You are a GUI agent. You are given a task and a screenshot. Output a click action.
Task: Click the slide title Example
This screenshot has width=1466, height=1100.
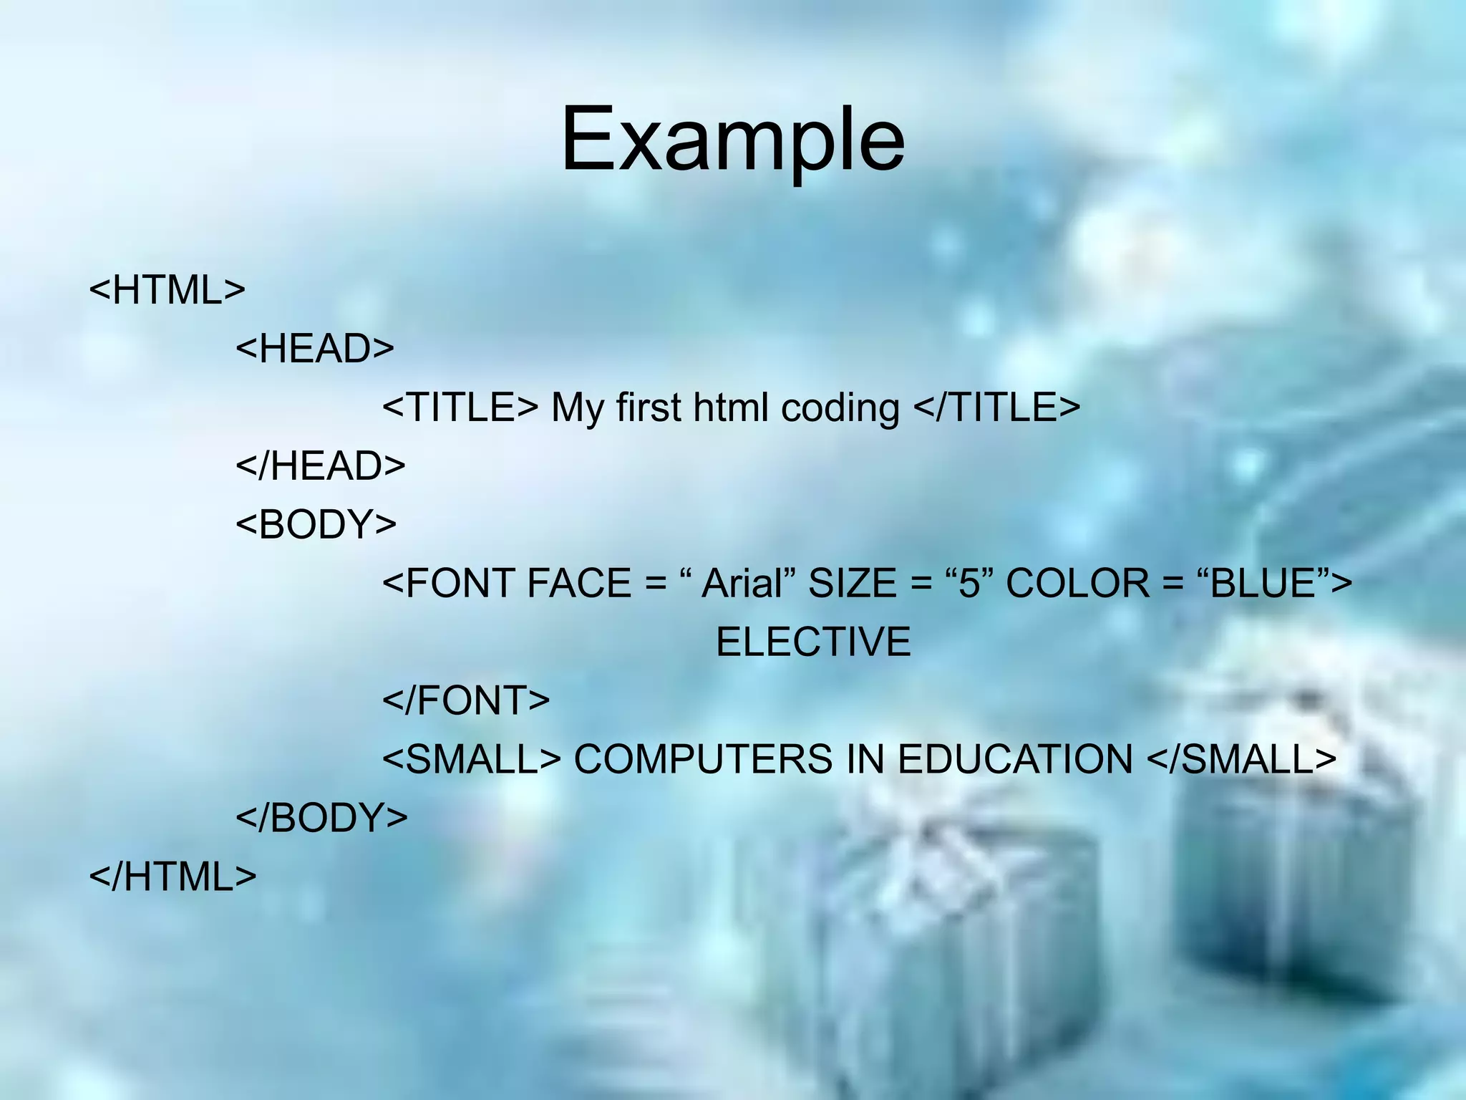(732, 140)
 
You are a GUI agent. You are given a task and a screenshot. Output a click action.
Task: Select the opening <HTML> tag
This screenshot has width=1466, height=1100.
(168, 290)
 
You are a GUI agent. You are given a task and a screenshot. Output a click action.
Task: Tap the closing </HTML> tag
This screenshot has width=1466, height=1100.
(173, 876)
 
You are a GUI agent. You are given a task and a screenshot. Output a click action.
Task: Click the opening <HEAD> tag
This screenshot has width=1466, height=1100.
(315, 349)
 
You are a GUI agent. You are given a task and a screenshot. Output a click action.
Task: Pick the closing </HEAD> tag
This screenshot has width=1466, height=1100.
(321, 466)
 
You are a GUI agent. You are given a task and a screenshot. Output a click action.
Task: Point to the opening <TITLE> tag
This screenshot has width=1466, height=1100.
(460, 407)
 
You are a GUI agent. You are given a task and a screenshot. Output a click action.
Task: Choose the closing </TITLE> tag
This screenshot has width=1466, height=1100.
(996, 407)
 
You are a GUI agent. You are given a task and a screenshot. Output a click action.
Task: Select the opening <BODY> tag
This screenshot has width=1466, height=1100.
(316, 524)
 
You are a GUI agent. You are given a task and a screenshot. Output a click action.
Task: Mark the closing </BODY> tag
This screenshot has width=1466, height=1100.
(321, 817)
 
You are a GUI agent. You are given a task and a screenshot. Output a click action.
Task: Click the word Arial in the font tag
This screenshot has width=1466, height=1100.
(741, 583)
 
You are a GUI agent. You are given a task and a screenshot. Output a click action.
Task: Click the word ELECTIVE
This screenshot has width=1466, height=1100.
(813, 642)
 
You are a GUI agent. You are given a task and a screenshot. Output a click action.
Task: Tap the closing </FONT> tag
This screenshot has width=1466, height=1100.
(466, 700)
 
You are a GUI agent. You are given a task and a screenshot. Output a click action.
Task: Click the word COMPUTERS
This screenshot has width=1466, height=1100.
(703, 759)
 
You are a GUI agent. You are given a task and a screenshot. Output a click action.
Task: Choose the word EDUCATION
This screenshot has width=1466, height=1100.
(1015, 759)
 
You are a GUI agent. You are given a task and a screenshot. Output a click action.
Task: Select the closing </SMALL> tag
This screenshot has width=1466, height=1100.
(1241, 759)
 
